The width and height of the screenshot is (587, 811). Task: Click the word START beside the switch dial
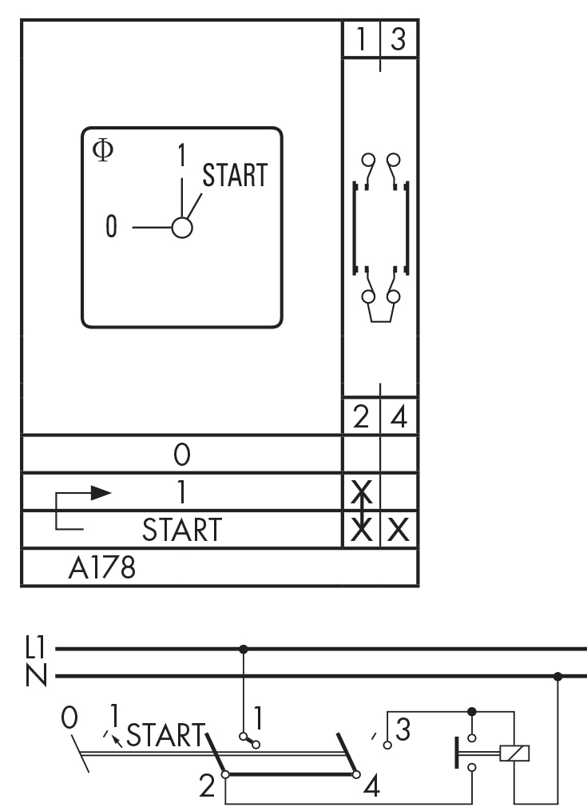click(x=234, y=177)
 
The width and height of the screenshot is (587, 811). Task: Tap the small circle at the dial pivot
click(x=182, y=228)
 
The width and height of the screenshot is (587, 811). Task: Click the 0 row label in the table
click(x=181, y=455)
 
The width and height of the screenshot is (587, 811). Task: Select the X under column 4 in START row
click(x=399, y=530)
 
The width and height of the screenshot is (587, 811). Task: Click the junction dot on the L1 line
click(x=244, y=649)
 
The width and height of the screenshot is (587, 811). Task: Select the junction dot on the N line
click(x=557, y=677)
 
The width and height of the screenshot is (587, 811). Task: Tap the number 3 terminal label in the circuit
click(x=404, y=729)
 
